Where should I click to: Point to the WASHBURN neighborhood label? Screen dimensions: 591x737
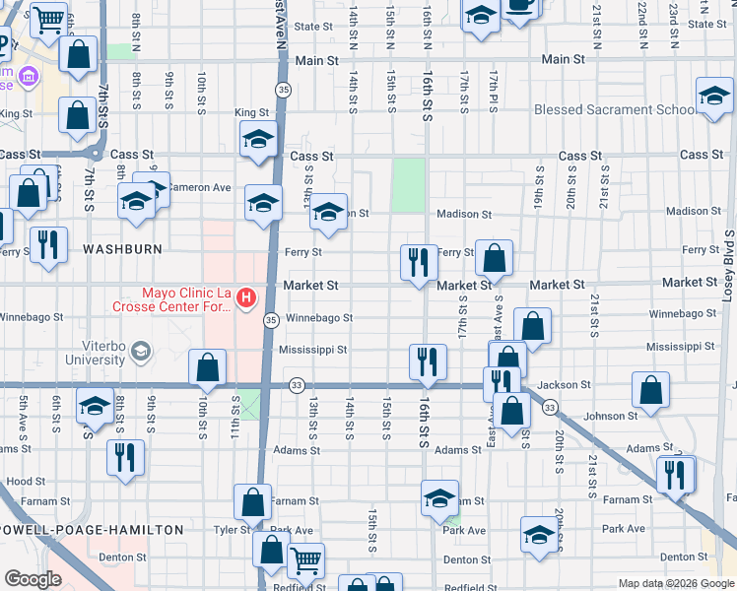(122, 249)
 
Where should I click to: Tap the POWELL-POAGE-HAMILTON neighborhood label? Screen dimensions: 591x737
(92, 530)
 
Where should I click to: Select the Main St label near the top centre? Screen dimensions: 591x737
(315, 60)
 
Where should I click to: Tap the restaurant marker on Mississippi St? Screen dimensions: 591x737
(428, 361)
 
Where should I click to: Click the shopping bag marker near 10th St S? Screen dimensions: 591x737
(207, 368)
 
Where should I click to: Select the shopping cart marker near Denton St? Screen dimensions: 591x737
(305, 560)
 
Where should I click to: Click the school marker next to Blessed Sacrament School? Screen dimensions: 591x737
(714, 97)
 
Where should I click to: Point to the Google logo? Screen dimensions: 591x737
(33, 580)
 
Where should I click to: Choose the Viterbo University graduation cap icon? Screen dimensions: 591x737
(140, 352)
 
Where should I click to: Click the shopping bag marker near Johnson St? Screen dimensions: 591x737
(650, 390)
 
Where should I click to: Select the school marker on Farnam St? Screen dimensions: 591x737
(439, 498)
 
